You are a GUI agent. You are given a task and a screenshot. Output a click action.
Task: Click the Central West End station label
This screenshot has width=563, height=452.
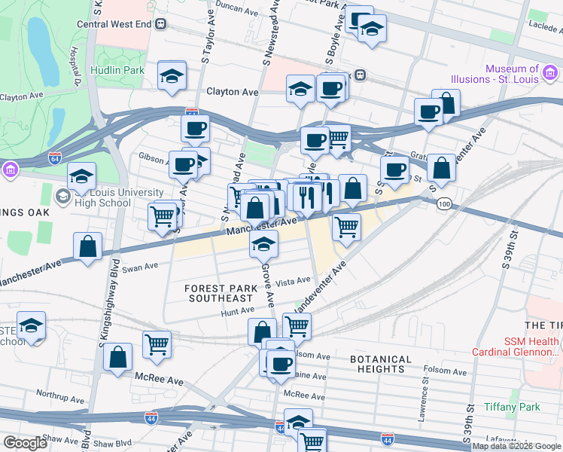click(115, 23)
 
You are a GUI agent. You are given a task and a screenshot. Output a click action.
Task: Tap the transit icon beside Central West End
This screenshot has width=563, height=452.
click(161, 23)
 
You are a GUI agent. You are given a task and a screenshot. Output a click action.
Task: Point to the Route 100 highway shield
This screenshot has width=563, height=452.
click(445, 204)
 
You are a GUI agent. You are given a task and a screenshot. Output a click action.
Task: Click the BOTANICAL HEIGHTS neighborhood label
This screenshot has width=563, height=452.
click(381, 365)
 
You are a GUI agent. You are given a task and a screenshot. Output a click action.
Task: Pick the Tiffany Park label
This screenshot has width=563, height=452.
click(513, 407)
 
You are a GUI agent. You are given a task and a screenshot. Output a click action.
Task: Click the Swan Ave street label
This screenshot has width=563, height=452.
click(140, 267)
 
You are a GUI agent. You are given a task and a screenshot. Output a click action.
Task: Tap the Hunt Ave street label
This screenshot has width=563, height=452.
click(237, 310)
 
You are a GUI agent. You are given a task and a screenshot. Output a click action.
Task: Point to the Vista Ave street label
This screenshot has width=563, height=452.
click(294, 281)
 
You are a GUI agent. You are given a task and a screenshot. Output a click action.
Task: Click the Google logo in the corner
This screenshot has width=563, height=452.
click(24, 443)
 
